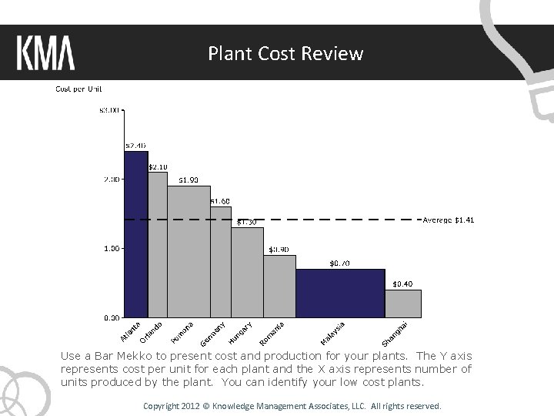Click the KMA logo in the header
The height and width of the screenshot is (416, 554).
45,54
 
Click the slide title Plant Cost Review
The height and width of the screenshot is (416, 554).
285,54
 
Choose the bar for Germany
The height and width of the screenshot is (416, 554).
221,262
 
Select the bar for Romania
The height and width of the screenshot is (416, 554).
279,286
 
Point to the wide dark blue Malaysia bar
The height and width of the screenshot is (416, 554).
340,293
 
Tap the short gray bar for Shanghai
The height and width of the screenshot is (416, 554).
402,304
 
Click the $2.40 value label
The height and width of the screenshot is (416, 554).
135,146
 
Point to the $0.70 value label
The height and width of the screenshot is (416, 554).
339,263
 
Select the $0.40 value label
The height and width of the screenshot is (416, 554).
402,284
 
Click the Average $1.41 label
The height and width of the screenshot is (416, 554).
449,220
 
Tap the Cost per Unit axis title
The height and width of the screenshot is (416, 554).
78,89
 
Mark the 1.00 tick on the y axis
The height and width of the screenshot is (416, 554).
111,249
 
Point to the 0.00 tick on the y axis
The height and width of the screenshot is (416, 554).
111,317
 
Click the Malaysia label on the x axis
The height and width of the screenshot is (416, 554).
332,332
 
